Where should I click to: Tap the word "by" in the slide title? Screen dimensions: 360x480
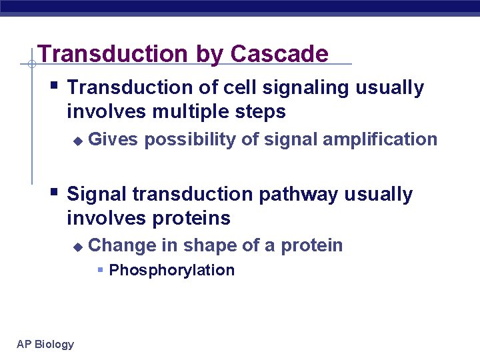pos(205,55)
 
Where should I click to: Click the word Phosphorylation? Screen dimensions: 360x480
pos(171,270)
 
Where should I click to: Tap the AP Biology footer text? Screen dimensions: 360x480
pos(45,344)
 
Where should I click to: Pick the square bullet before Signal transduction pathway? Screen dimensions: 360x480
pos(55,193)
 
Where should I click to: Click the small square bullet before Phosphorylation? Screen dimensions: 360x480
pos(100,270)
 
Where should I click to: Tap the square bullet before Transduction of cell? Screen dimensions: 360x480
pos(55,86)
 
